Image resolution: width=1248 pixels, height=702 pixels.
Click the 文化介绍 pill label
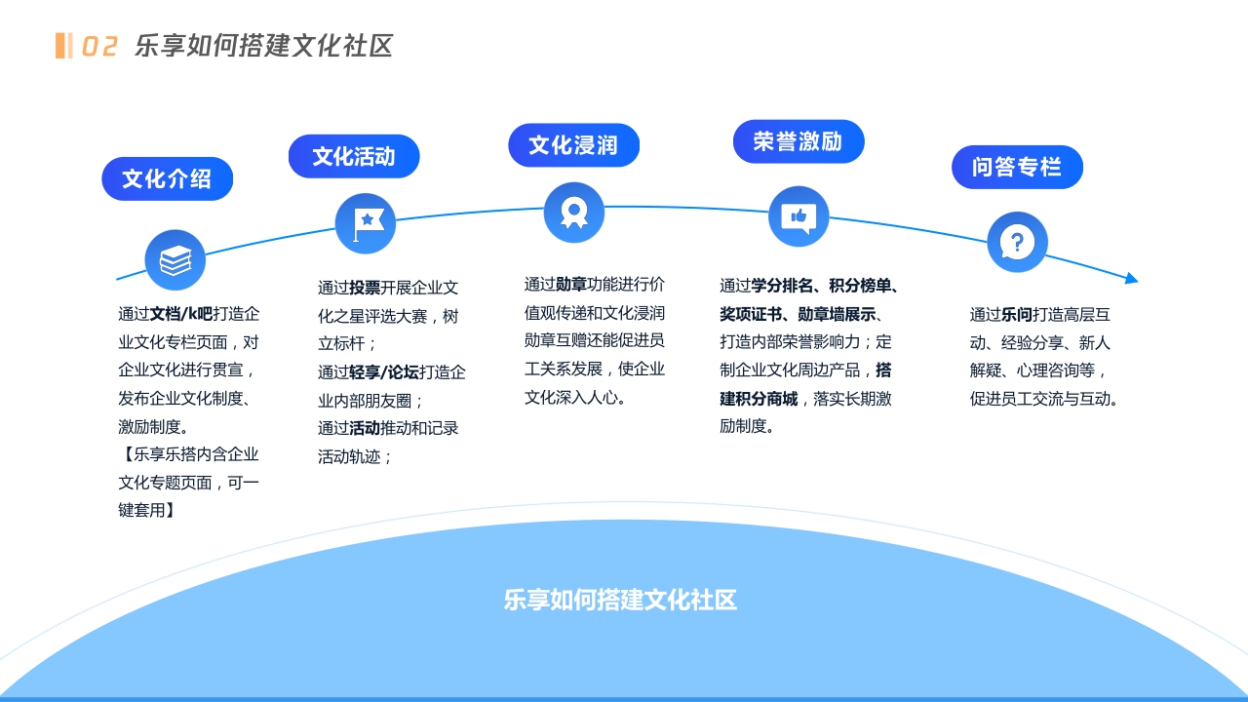click(x=167, y=179)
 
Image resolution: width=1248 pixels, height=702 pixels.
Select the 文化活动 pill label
click(x=354, y=156)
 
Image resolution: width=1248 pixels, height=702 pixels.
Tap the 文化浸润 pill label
click(x=573, y=145)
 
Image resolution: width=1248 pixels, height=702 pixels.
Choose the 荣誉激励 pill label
click(x=798, y=141)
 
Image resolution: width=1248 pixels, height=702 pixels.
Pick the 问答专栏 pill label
click(x=1016, y=167)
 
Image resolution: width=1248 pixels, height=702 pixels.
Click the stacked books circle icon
click(x=175, y=260)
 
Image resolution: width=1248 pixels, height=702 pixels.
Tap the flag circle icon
click(x=366, y=224)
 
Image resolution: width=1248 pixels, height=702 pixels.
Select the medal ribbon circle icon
click(x=574, y=213)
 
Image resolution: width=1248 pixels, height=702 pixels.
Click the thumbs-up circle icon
click(x=799, y=216)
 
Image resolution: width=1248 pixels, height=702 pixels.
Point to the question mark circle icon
click(x=1017, y=242)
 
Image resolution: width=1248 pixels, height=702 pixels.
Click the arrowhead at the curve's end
click(x=1131, y=279)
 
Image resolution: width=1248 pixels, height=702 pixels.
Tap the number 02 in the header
click(x=99, y=47)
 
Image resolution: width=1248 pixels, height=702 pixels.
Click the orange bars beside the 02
click(x=63, y=46)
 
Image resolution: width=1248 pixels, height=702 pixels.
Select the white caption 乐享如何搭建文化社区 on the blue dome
click(x=620, y=601)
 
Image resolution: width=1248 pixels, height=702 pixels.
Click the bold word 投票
click(x=365, y=289)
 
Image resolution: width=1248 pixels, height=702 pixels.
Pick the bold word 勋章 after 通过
click(x=571, y=285)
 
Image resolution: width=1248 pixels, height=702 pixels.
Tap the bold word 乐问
click(x=1017, y=315)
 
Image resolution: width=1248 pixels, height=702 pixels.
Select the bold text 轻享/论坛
click(x=384, y=372)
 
